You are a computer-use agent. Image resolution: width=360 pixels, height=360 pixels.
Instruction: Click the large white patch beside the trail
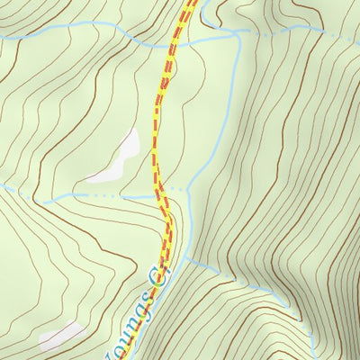pos(121,154)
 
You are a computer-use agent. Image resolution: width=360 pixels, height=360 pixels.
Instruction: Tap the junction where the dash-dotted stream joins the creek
pos(237,33)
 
